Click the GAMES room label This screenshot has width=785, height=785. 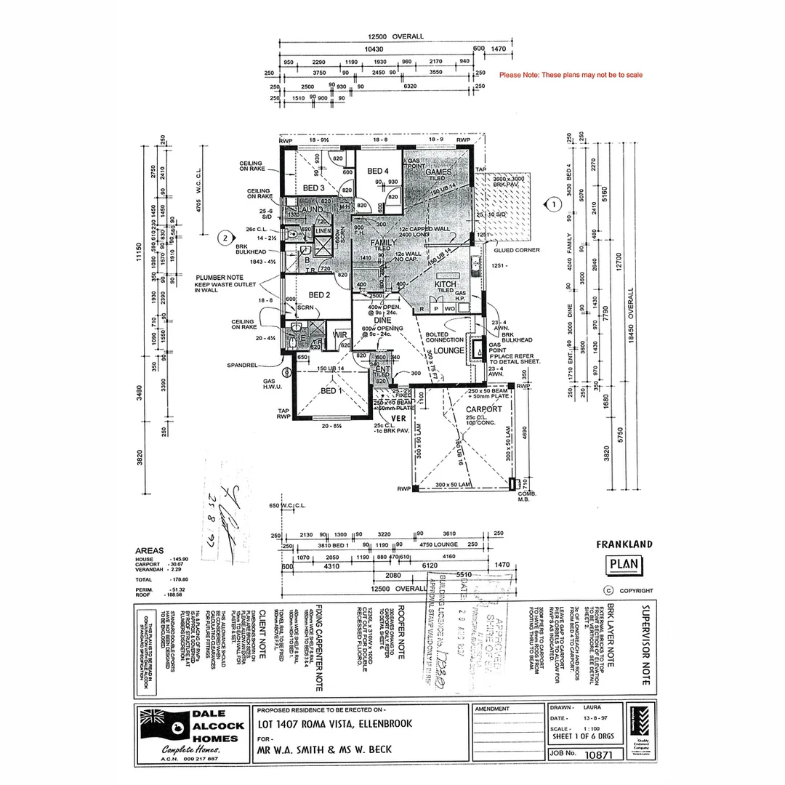(439, 172)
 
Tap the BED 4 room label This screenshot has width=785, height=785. (378, 171)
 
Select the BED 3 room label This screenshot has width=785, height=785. (313, 188)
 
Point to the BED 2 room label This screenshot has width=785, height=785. (319, 295)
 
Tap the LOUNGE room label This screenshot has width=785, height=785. (449, 350)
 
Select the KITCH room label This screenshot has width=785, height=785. (445, 283)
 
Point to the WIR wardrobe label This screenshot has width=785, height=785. (339, 334)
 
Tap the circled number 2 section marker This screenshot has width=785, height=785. (226, 237)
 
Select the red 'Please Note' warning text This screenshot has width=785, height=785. (571, 75)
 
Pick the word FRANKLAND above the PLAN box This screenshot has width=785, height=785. (624, 544)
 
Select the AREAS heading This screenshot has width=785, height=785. (149, 551)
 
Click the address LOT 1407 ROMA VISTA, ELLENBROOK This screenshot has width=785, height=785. (334, 725)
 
